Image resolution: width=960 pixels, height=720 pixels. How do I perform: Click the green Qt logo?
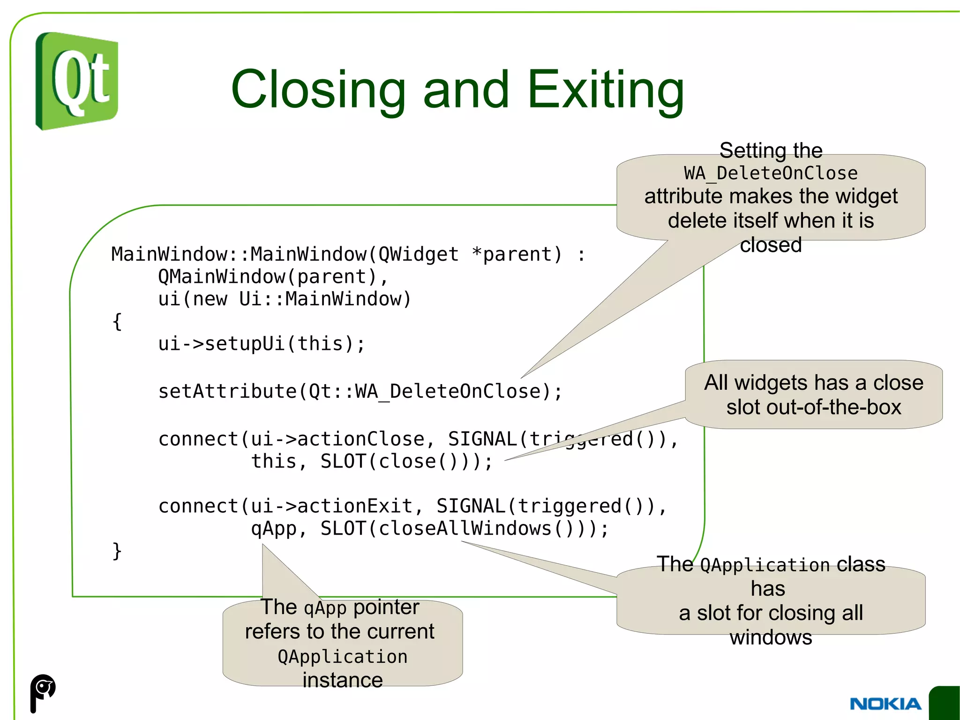[x=77, y=81]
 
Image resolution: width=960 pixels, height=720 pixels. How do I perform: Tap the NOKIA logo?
[x=885, y=704]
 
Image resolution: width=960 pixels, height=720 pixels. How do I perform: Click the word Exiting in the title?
[x=606, y=89]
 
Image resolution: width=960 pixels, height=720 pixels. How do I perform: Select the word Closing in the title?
[x=318, y=89]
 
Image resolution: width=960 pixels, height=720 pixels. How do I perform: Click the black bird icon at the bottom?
[x=43, y=692]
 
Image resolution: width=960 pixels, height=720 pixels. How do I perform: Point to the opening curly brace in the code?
[x=117, y=322]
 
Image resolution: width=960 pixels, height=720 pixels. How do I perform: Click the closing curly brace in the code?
[x=117, y=551]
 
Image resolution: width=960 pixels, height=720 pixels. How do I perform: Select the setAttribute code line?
[x=360, y=391]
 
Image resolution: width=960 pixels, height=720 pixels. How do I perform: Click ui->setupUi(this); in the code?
[x=262, y=344]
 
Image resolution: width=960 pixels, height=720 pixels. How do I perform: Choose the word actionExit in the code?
[x=355, y=506]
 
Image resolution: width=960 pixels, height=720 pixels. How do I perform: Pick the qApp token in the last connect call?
[x=274, y=529]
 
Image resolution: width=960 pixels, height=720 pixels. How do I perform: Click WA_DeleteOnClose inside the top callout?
[x=771, y=173]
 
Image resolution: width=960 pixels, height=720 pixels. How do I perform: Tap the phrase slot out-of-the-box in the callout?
[x=814, y=407]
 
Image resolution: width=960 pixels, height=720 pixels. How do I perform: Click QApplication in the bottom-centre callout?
[x=343, y=656]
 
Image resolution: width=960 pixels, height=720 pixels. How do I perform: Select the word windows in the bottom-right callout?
[x=771, y=637]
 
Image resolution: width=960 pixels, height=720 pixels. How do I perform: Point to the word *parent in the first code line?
[x=517, y=254]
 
